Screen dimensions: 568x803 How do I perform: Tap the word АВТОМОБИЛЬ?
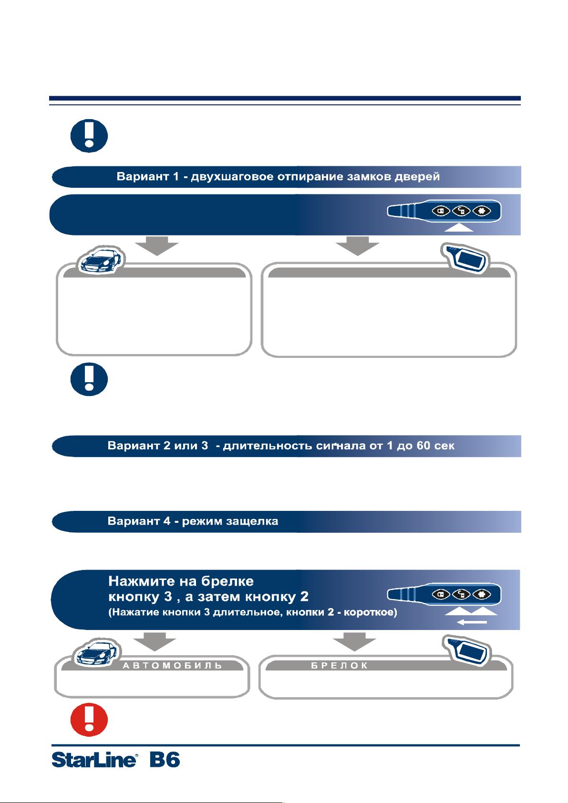(173, 666)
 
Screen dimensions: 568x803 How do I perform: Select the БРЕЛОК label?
(339, 666)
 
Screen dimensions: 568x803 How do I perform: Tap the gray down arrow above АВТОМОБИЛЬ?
(155, 642)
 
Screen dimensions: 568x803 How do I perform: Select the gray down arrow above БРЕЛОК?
(354, 642)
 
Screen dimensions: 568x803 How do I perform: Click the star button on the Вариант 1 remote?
(482, 211)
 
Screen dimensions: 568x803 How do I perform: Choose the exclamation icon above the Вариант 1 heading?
(89, 136)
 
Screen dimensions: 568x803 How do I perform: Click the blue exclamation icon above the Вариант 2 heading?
(89, 379)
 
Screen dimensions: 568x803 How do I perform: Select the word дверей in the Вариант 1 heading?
(417, 177)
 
